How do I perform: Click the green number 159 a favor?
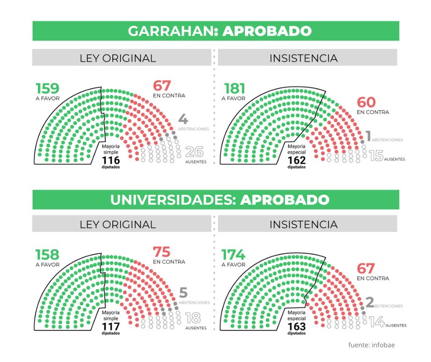coord(48,88)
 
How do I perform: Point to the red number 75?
coord(161,252)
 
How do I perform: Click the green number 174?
coord(233,255)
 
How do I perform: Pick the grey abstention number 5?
coord(183,292)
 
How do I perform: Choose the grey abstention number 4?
coord(183,119)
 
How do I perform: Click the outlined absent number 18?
coord(194,318)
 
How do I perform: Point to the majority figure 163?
coord(296,327)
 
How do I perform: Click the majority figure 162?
coord(296,160)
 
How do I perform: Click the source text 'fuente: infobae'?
coord(371,345)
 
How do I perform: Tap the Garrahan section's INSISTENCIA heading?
coord(303,58)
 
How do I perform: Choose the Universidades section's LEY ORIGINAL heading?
coord(118,225)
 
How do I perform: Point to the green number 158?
coord(48,255)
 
